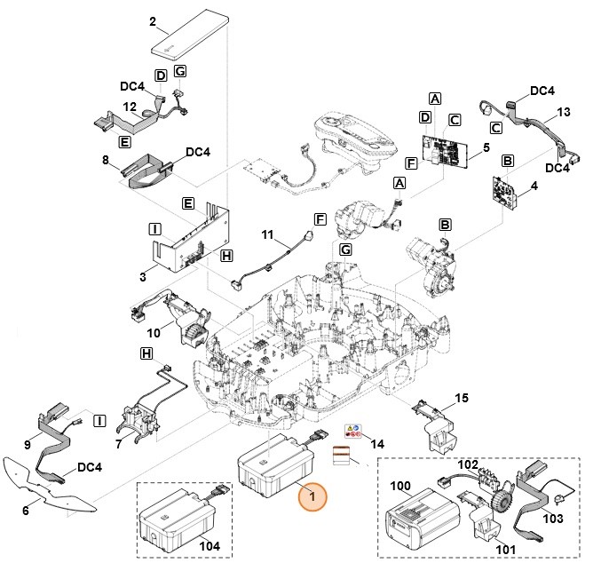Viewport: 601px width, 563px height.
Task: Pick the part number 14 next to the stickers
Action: tap(377, 443)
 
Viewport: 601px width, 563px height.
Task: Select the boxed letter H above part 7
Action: tap(146, 353)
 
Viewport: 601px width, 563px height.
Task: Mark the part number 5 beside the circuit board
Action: tap(486, 147)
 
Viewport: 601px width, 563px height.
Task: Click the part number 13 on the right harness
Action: tap(562, 113)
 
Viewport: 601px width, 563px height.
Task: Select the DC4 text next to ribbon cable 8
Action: tap(198, 153)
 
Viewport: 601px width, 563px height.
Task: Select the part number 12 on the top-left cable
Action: tap(129, 107)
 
